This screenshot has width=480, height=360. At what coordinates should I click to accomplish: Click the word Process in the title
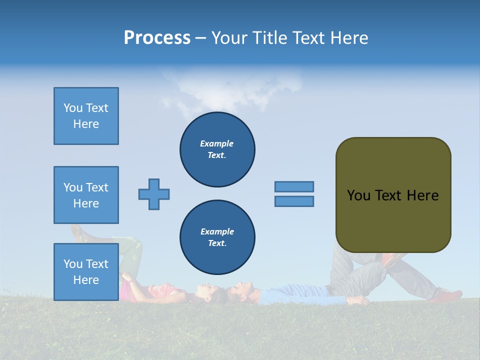157,38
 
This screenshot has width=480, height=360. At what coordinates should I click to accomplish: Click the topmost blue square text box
86,116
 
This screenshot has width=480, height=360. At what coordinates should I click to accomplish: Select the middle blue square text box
86,195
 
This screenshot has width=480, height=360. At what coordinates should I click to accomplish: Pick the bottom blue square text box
86,271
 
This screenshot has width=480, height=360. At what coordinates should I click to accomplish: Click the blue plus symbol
154,194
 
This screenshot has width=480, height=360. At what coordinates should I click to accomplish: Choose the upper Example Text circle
217,149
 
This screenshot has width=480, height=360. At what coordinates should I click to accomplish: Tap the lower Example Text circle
217,237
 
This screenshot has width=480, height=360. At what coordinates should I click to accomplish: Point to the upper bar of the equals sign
294,186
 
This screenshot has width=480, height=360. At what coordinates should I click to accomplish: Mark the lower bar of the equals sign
294,201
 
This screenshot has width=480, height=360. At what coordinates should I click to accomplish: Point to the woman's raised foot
78,232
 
